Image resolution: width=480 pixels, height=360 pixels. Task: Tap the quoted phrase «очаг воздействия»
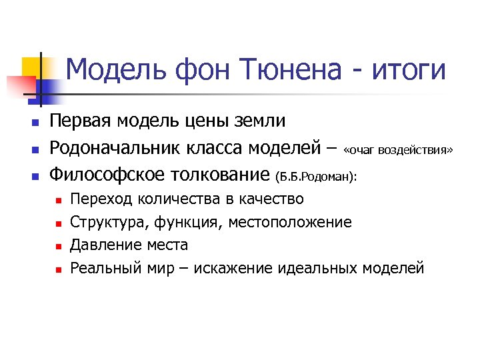(398, 151)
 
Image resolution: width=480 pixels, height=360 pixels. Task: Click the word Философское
(110, 175)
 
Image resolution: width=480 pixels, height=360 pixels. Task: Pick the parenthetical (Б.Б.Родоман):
(316, 177)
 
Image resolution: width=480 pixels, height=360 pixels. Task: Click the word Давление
(102, 245)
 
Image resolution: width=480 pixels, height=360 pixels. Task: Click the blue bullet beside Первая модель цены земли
(36, 123)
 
